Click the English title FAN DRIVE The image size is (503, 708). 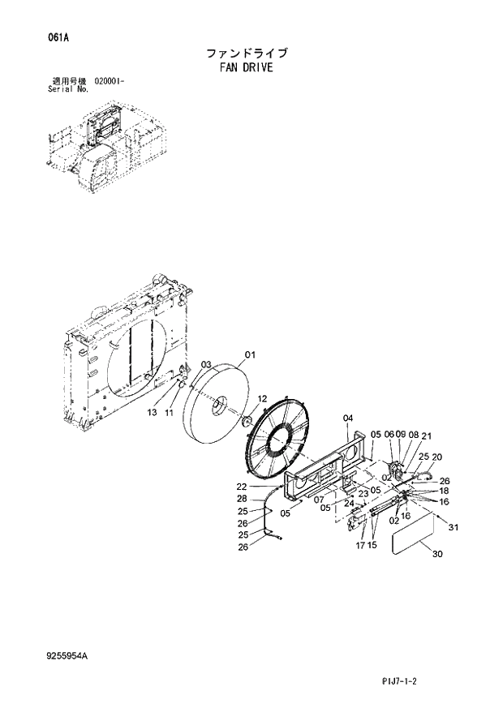pos(246,68)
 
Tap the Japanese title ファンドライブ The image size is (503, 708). pos(247,54)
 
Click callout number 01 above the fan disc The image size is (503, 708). pos(250,354)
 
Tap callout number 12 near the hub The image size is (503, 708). pos(262,398)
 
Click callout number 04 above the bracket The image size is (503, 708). pos(347,418)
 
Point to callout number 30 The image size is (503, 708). pos(437,555)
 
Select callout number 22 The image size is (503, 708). pos(242,487)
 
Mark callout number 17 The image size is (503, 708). pos(359,545)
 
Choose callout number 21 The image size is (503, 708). pos(427,436)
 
